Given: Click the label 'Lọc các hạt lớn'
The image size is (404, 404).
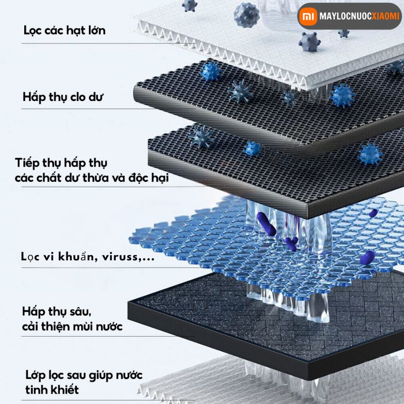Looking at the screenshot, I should tap(65, 31).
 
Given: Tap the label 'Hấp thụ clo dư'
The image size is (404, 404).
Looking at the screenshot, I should tap(62, 97).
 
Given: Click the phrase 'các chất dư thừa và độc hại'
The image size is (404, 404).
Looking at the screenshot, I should tap(92, 178).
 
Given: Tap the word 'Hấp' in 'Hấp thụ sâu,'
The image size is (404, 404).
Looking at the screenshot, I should tap(34, 311).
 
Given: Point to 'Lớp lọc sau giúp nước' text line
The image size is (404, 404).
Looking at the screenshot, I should tap(84, 374).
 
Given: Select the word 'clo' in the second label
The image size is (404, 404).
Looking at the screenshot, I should tap(78, 97).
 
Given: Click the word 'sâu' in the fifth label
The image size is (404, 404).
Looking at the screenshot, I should tap(75, 311).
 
